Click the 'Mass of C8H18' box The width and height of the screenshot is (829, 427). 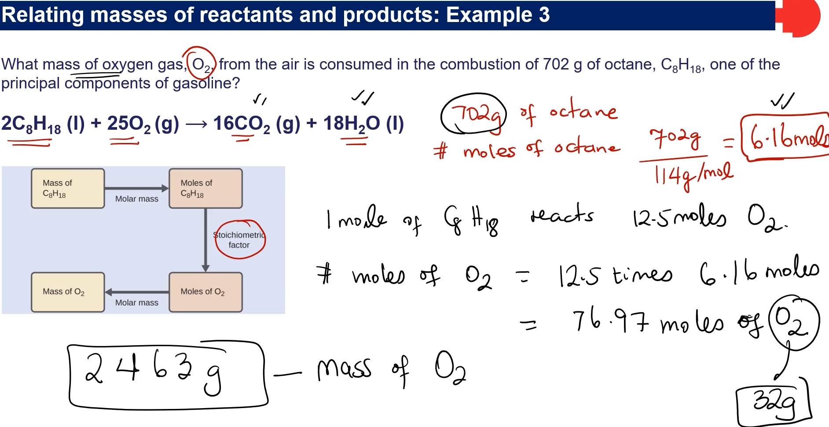[x=68, y=188]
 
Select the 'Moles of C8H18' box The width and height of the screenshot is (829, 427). [x=205, y=188]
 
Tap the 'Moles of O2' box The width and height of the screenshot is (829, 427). [x=205, y=292]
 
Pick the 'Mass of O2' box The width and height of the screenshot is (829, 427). [x=68, y=292]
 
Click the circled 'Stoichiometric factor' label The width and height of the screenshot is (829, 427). [x=239, y=240]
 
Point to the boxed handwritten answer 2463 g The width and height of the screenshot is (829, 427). [x=167, y=374]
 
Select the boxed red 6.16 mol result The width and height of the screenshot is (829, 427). [x=785, y=138]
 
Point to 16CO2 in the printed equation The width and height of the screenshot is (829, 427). [x=242, y=124]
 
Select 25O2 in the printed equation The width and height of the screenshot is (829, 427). [x=128, y=124]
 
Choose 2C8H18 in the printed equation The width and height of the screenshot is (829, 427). [x=31, y=124]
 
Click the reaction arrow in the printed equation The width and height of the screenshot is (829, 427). [x=196, y=124]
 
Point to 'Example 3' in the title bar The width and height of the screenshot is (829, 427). [x=498, y=15]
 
